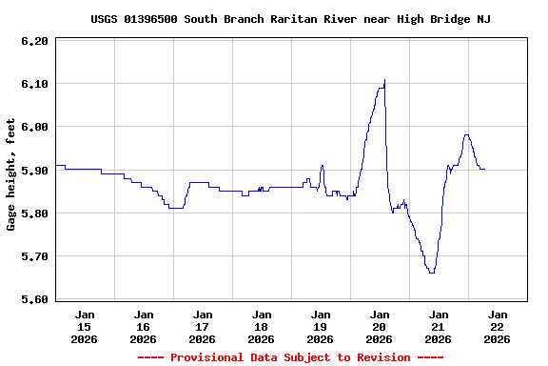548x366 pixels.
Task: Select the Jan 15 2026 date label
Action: [x=85, y=326]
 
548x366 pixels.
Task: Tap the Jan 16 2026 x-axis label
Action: [x=144, y=326]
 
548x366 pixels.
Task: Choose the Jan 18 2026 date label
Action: [x=261, y=326]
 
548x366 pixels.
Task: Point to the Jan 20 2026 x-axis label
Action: [x=379, y=326]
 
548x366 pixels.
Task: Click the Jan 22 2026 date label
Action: [x=497, y=326]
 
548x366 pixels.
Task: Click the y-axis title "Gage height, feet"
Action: [x=11, y=174]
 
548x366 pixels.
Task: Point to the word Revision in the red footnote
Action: [x=382, y=357]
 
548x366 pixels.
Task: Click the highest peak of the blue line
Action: [x=384, y=80]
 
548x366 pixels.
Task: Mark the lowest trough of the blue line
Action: [x=432, y=273]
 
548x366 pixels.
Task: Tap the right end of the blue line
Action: [x=484, y=169]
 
